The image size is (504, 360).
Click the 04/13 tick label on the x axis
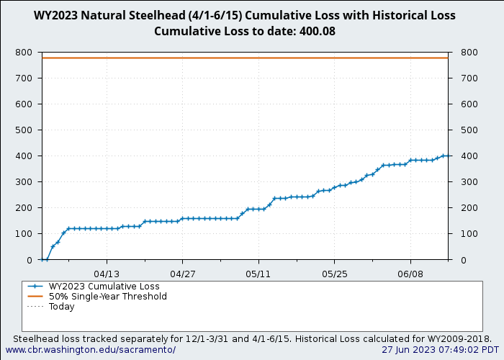point(107,274)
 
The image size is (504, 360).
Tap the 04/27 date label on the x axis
point(183,274)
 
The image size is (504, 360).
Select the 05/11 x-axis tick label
point(258,274)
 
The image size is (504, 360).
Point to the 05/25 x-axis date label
point(335,274)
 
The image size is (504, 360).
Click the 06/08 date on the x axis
point(410,274)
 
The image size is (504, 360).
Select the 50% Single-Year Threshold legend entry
point(107,297)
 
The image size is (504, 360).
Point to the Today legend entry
point(62,307)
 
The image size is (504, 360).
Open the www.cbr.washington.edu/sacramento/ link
point(91,350)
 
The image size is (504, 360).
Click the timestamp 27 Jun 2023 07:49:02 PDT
point(440,350)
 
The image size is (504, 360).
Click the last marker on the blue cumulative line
point(448,156)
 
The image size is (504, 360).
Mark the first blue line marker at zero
point(42,259)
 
